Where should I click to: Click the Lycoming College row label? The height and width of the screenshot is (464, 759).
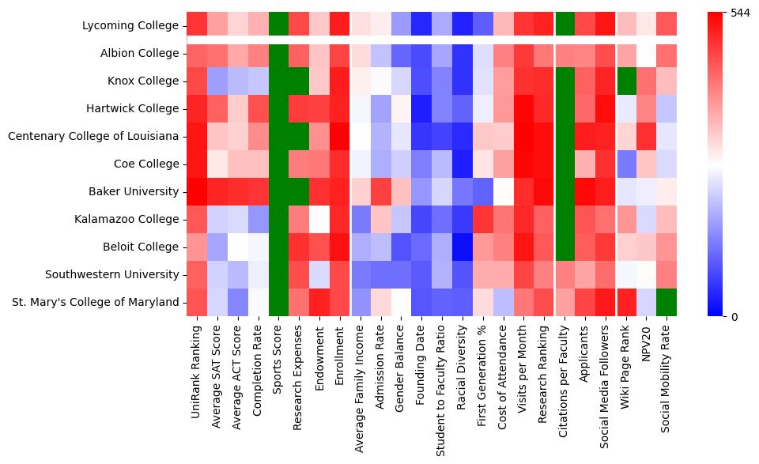coord(130,26)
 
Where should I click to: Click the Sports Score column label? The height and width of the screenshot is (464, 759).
coord(278,355)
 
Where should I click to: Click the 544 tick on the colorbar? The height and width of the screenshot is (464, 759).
coord(739,13)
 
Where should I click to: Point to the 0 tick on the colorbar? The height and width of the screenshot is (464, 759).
coord(734,316)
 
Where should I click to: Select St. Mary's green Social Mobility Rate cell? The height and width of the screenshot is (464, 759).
coord(666,302)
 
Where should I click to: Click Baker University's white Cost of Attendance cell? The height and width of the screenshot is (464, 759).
coord(504,191)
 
